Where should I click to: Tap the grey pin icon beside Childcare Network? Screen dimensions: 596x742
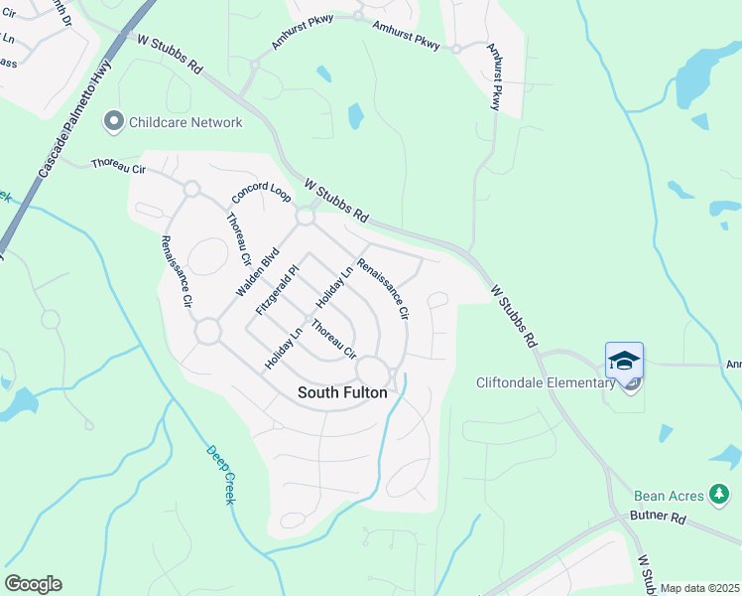pyautogui.click(x=113, y=122)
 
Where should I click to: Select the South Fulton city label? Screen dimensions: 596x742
pyautogui.click(x=342, y=392)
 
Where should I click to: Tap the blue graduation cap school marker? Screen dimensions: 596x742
pyautogui.click(x=624, y=361)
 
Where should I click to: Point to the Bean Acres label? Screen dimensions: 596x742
pyautogui.click(x=669, y=495)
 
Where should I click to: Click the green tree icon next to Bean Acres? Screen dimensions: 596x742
pyautogui.click(x=720, y=495)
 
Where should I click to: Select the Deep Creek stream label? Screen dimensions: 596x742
pyautogui.click(x=220, y=474)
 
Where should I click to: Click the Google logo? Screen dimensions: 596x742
pyautogui.click(x=33, y=584)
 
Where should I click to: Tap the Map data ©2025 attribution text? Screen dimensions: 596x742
pyautogui.click(x=700, y=588)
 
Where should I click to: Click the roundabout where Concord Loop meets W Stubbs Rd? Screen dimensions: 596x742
pyautogui.click(x=305, y=216)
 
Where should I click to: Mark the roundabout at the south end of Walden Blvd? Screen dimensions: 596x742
pyautogui.click(x=207, y=332)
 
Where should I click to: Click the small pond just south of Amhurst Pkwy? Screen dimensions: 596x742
pyautogui.click(x=355, y=116)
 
